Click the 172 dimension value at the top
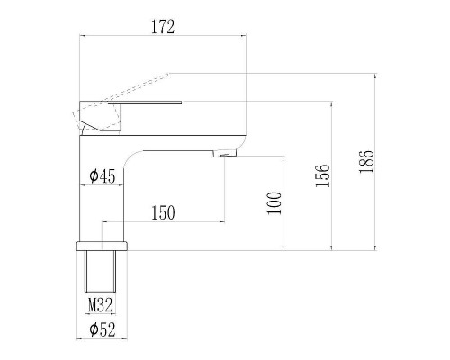pos(162,27)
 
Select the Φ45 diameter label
pos(103,176)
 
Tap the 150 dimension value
pos(163,212)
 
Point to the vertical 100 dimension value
pos(275,202)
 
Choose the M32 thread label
pos(99,305)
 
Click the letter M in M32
pos(92,305)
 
